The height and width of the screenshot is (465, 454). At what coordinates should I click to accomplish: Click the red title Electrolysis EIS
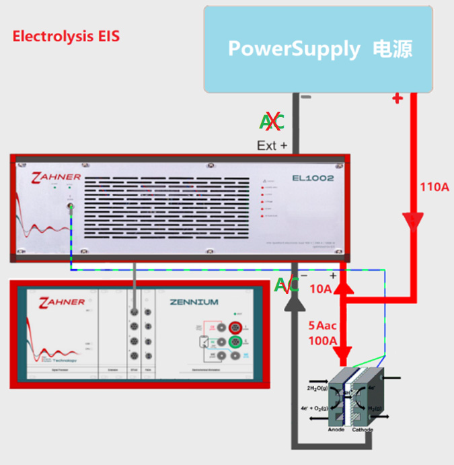(66, 36)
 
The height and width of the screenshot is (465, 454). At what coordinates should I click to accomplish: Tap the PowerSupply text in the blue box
(295, 48)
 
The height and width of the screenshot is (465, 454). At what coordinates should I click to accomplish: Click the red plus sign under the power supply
(397, 99)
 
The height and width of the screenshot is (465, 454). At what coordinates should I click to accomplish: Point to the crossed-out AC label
(272, 122)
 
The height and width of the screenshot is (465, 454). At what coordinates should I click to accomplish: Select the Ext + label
(272, 145)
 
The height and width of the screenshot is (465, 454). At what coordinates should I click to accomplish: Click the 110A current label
(434, 186)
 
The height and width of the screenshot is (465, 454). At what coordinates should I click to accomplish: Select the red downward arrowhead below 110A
(412, 222)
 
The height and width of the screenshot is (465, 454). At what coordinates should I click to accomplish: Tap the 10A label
(320, 289)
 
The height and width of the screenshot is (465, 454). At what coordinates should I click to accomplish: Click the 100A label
(322, 341)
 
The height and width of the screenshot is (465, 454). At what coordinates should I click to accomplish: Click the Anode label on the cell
(337, 430)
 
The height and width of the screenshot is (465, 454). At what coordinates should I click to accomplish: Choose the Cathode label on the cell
(363, 430)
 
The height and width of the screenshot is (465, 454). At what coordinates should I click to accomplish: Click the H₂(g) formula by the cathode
(375, 408)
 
